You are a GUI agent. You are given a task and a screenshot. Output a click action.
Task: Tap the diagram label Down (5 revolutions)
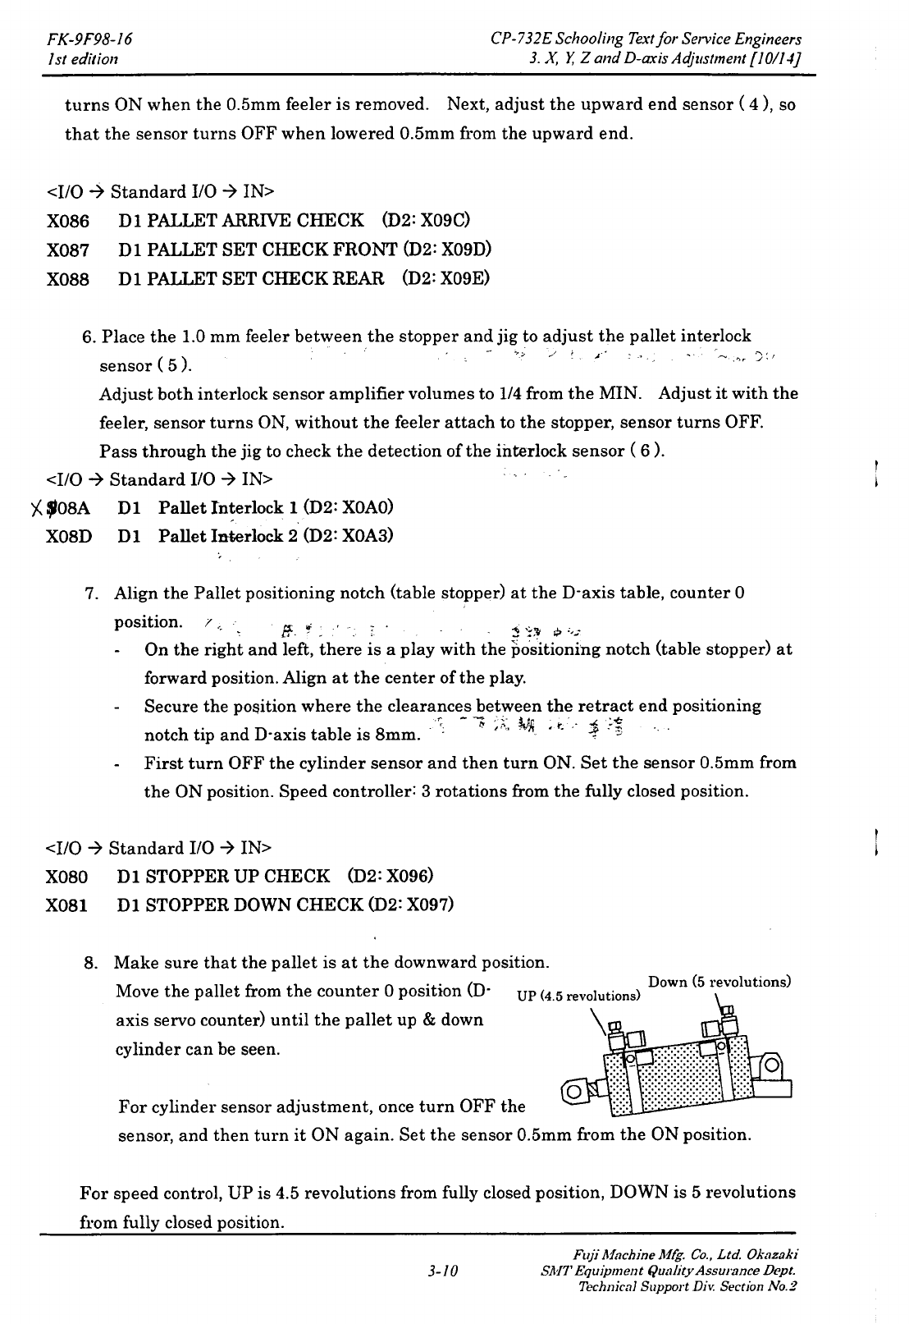point(719,982)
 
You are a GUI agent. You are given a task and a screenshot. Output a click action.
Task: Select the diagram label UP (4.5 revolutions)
point(578,996)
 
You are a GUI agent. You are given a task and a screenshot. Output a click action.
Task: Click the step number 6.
point(89,337)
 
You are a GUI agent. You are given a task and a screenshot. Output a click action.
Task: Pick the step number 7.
point(93,593)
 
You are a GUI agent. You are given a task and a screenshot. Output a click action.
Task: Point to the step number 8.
point(93,963)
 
